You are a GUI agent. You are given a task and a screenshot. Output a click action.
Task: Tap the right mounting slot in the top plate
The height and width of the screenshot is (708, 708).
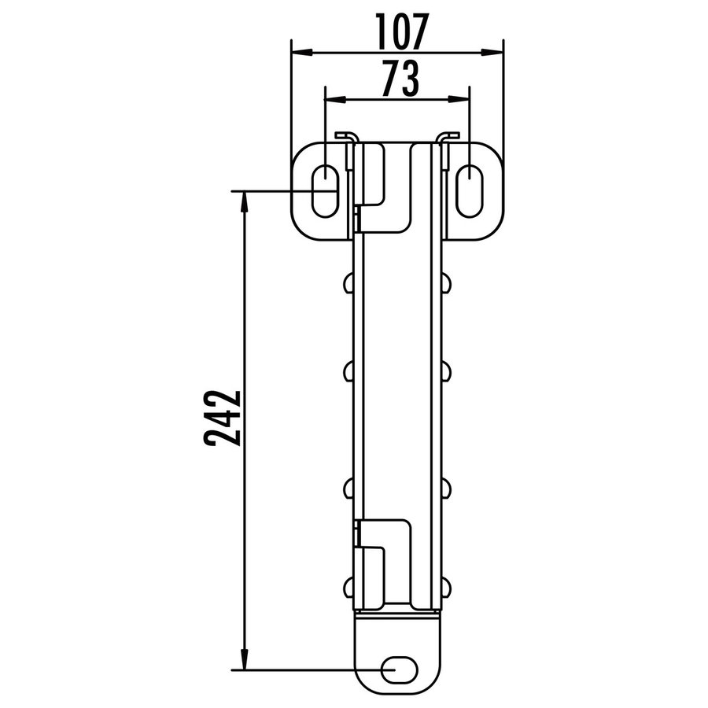tap(469, 190)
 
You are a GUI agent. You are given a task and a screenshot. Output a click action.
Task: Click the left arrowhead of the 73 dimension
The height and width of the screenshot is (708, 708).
tap(332, 99)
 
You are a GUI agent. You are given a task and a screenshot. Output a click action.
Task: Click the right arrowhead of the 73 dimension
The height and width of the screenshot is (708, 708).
tap(463, 99)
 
